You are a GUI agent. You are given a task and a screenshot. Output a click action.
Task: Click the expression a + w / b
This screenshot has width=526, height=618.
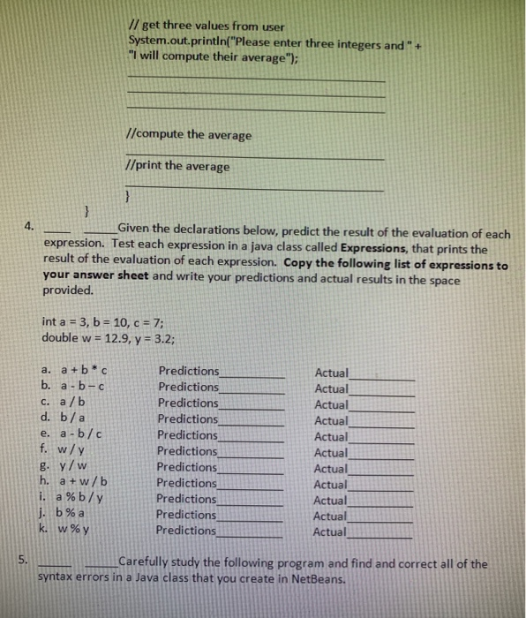pyautogui.click(x=86, y=482)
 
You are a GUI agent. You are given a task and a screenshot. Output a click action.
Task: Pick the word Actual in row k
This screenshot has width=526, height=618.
pyautogui.click(x=331, y=531)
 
